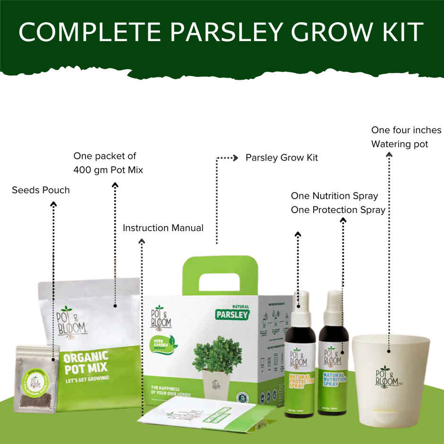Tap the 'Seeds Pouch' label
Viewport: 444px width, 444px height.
pos(41,190)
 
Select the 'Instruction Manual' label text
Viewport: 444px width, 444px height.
pos(163,228)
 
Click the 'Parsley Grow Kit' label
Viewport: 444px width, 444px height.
pos(282,158)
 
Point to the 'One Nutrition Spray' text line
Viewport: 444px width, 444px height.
pos(334,196)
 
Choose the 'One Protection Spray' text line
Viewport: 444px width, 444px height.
pos(338,210)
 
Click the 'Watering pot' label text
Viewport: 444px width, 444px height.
pos(400,144)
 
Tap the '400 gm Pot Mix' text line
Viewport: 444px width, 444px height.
pos(108,170)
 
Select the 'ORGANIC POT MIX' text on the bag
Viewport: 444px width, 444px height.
pos(85,361)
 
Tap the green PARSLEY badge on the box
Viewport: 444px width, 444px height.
pos(231,314)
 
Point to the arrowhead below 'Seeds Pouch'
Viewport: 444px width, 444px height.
pos(53,204)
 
